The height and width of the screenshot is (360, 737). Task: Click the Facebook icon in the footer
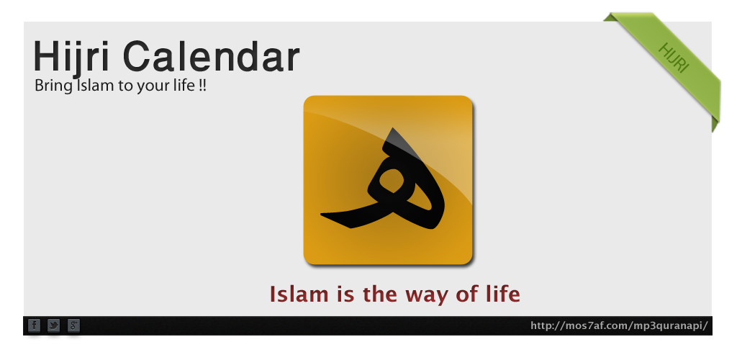coord(35,325)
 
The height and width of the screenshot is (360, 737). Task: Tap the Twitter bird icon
coord(54,325)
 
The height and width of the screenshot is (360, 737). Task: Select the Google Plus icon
coord(74,325)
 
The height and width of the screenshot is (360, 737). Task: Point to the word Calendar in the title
coord(211,56)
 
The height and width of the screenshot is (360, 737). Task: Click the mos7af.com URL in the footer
coord(619,325)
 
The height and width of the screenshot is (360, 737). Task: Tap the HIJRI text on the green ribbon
coord(674,58)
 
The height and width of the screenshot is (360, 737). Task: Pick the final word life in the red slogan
coord(503,294)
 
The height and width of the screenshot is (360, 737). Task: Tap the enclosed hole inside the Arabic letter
coord(392,181)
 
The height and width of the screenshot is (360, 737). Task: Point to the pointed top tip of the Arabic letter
coord(393,128)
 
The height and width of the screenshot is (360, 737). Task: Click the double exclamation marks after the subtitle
coord(202,86)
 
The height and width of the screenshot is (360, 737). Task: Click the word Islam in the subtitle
coord(89,86)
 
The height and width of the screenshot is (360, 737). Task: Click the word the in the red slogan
coord(380,294)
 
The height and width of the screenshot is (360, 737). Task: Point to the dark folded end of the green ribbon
coord(715,125)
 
